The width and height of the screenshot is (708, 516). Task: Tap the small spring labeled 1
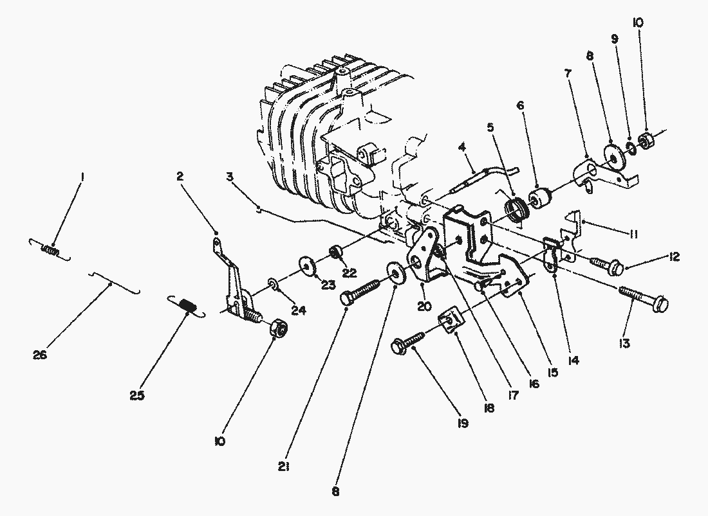coord(50,249)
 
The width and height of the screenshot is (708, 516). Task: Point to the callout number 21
coord(284,467)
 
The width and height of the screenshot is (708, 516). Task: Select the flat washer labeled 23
coord(307,265)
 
